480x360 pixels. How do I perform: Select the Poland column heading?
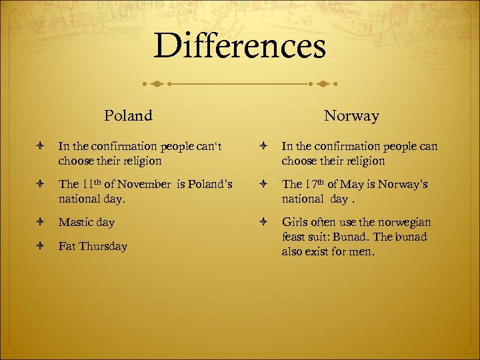[x=128, y=116]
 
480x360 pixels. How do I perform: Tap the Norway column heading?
[x=351, y=116]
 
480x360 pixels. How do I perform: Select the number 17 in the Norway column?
[x=309, y=185]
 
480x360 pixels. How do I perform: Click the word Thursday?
[x=103, y=247]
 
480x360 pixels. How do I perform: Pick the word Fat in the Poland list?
[x=67, y=247]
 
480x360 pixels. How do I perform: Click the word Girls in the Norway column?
[x=296, y=222]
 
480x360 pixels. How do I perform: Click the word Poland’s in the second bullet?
[x=210, y=185]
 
